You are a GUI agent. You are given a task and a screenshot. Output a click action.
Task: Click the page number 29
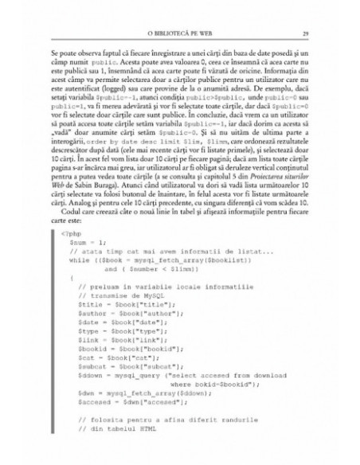(295, 33)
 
